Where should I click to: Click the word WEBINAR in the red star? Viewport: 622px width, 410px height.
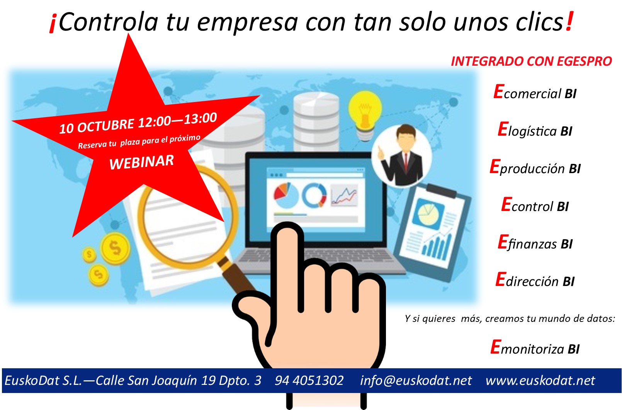tap(141, 162)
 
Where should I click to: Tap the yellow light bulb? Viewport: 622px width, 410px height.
tap(365, 111)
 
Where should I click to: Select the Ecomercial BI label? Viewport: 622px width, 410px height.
tap(535, 93)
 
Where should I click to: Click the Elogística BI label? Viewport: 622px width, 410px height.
tap(535, 130)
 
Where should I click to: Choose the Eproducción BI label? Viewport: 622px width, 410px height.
tap(535, 168)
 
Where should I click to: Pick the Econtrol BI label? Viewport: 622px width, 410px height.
tap(535, 205)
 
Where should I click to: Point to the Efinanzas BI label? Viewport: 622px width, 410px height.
tap(535, 243)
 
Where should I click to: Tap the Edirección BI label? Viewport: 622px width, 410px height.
tap(535, 281)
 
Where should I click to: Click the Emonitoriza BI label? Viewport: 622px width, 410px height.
tap(535, 348)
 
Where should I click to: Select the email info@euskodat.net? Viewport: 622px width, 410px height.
tap(416, 381)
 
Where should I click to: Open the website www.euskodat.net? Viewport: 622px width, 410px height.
tap(540, 381)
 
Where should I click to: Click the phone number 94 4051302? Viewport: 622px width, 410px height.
tap(309, 381)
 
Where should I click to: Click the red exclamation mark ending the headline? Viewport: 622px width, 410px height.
tap(569, 22)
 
